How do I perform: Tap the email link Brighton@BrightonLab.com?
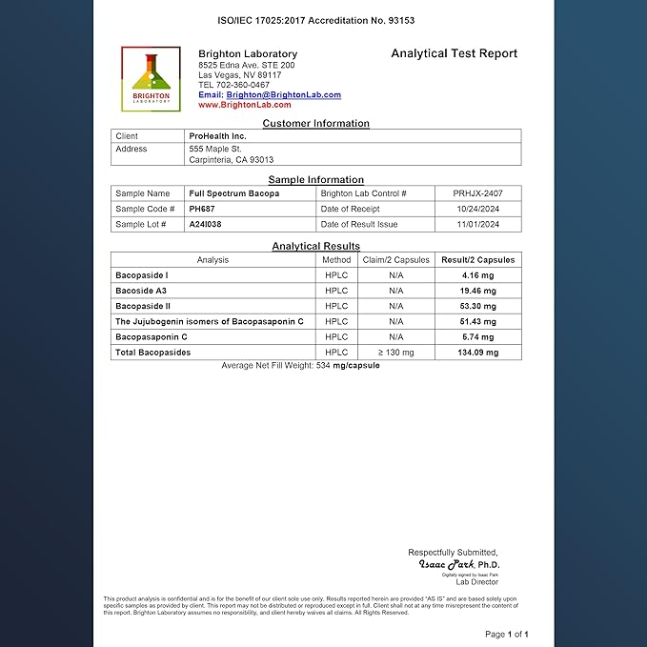(283, 95)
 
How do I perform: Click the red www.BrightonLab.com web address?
(245, 105)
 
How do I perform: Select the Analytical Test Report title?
(454, 53)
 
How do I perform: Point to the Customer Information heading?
(315, 123)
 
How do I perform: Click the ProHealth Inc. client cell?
(218, 136)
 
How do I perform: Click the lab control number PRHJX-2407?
(475, 192)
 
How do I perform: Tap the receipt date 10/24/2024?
(475, 209)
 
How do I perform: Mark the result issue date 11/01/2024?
(475, 225)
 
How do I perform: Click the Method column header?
(336, 259)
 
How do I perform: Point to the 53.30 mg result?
(477, 306)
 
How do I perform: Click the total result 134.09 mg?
(477, 353)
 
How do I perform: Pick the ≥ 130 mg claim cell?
(395, 353)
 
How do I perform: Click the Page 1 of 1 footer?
(506, 634)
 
